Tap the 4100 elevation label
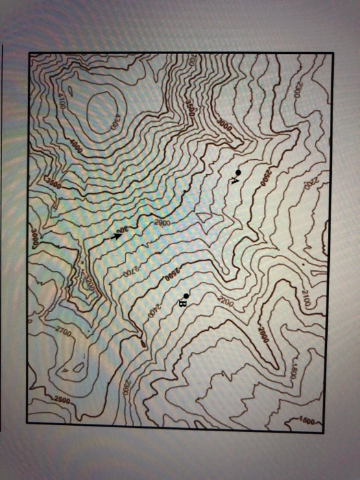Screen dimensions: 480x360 coord(60,101)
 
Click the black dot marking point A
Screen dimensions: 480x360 coord(237,171)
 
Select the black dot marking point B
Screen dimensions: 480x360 coord(186,295)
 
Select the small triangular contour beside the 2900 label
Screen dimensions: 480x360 coord(204,217)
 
